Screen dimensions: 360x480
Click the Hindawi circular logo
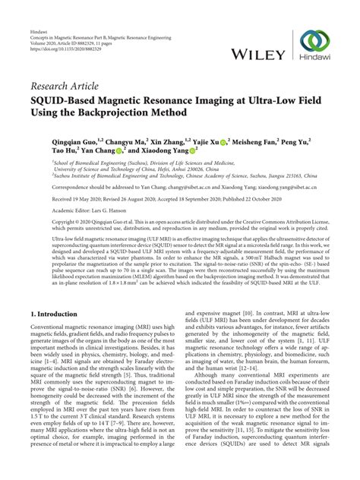(315, 42)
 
